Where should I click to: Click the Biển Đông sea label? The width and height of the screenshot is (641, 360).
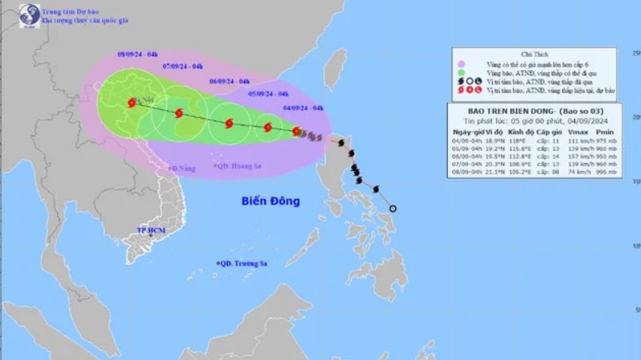(x=270, y=200)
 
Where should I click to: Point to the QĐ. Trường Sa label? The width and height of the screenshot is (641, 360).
(x=244, y=263)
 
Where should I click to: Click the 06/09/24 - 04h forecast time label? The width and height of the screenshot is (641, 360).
(x=229, y=81)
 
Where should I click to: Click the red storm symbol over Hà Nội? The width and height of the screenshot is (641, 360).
(x=132, y=103)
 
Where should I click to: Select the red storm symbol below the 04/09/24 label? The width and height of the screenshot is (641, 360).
(x=297, y=130)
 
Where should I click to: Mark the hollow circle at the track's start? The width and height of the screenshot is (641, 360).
(x=393, y=209)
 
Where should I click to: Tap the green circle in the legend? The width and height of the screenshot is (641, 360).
(x=461, y=72)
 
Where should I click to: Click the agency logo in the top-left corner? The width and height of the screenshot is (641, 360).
(x=12, y=13)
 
